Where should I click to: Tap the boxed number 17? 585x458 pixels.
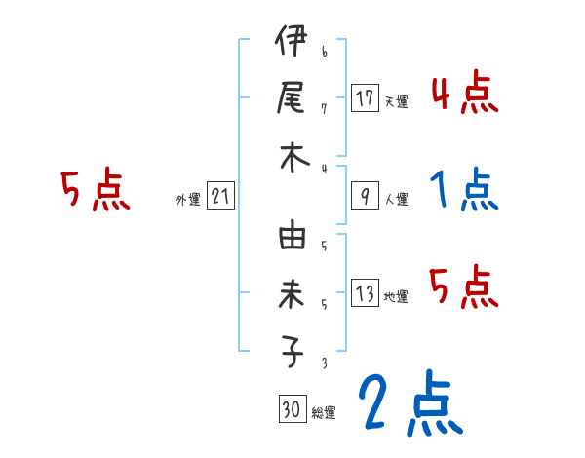366,97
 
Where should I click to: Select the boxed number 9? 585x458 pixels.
366,196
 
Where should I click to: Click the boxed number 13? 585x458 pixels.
366,293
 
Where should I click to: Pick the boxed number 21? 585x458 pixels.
220,196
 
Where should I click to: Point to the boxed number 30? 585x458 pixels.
291,409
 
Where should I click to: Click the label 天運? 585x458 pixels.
396,100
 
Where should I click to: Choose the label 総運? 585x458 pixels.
324,412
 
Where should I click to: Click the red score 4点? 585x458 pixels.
464,94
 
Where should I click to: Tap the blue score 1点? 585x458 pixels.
464,189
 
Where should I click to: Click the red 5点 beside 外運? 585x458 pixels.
95,190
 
